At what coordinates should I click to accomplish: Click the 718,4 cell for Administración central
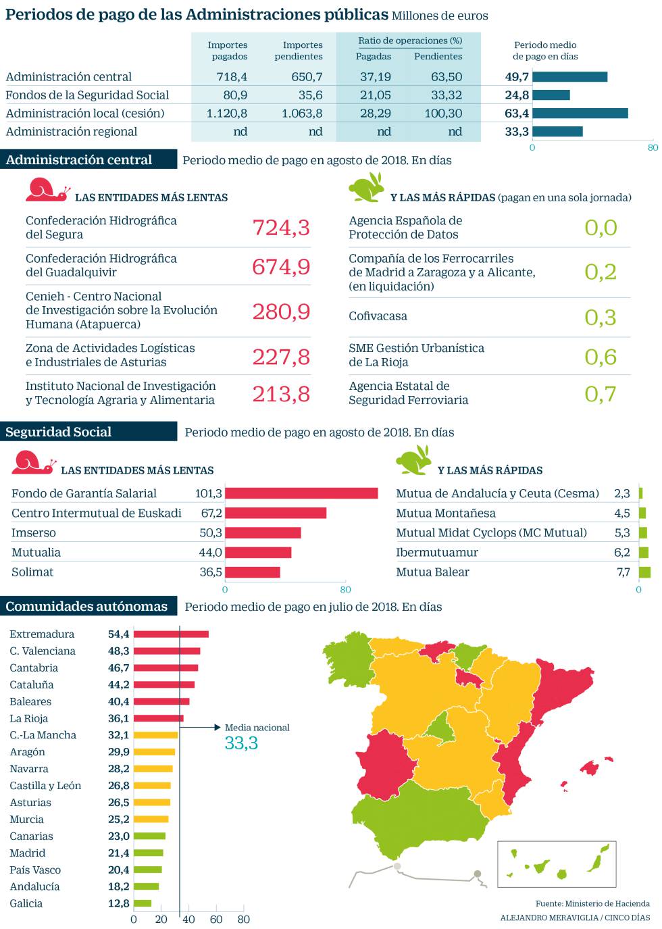232,77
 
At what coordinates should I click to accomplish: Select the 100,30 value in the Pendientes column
444,114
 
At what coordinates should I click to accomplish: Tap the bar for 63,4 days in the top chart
580,114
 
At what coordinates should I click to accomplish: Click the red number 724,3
281,228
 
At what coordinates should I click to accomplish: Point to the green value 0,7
601,393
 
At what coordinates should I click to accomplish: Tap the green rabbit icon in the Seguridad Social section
413,462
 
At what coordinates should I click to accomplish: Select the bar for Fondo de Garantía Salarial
301,493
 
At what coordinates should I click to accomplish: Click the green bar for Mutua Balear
644,572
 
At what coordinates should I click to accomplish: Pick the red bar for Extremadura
171,634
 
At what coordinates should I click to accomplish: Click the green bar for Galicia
143,903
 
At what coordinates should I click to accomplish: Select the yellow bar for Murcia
151,819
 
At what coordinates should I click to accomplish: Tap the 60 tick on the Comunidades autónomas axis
216,919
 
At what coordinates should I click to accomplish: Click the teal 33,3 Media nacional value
241,743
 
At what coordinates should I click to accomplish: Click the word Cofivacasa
378,316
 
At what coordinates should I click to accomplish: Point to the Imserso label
34,533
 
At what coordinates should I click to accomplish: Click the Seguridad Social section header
59,432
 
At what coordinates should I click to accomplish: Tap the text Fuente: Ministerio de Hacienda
592,903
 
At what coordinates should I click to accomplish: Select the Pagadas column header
374,56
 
